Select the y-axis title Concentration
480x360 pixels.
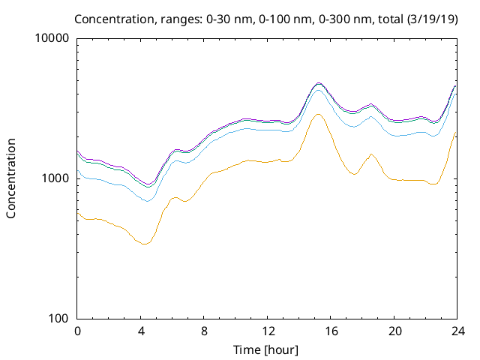pos(11,178)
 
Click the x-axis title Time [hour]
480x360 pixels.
pos(266,349)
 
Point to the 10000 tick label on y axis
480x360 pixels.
pos(52,39)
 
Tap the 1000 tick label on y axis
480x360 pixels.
pos(55,178)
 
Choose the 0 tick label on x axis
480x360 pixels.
pos(77,331)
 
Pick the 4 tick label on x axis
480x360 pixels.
pos(140,331)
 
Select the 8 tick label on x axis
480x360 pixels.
pos(204,331)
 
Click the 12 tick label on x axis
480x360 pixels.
pos(267,331)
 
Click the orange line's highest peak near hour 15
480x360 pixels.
pos(318,114)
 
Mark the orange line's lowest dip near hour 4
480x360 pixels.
pos(142,244)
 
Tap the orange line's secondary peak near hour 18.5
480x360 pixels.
pos(370,154)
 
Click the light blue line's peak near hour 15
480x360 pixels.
pos(318,90)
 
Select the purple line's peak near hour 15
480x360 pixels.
pos(318,82)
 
